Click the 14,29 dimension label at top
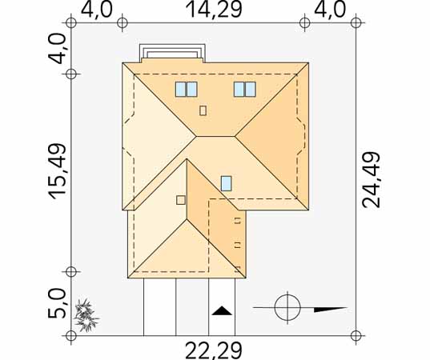pos(214,10)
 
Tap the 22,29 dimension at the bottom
pos(214,350)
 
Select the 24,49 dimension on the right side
pos(372,180)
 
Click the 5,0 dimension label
pos(58,303)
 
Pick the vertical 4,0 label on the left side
pos(58,49)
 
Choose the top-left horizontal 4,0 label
pos(97,10)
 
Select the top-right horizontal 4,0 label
pos(330,10)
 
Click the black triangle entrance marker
pos(222,310)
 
